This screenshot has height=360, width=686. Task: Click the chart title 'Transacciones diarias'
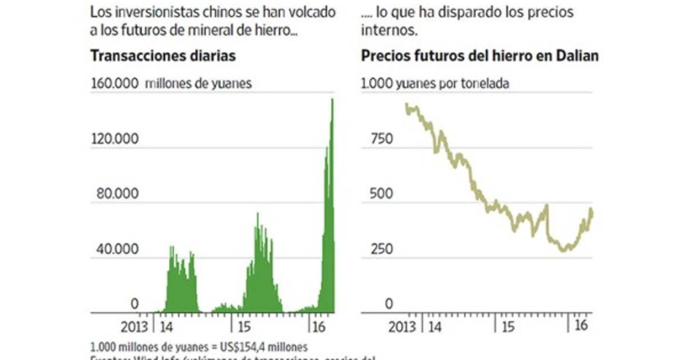tap(163, 57)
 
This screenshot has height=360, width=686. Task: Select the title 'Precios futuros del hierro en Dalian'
tap(480, 57)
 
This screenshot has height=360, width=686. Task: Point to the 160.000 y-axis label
tap(114, 83)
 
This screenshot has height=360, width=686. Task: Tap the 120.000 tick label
tap(114, 139)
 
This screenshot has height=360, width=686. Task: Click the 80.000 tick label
tap(117, 194)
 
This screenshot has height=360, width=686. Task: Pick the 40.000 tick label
tap(117, 249)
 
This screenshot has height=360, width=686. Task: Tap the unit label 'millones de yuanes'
tap(198, 83)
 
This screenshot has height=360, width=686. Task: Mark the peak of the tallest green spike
tap(332, 100)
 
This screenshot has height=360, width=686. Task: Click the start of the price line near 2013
tap(406, 105)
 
